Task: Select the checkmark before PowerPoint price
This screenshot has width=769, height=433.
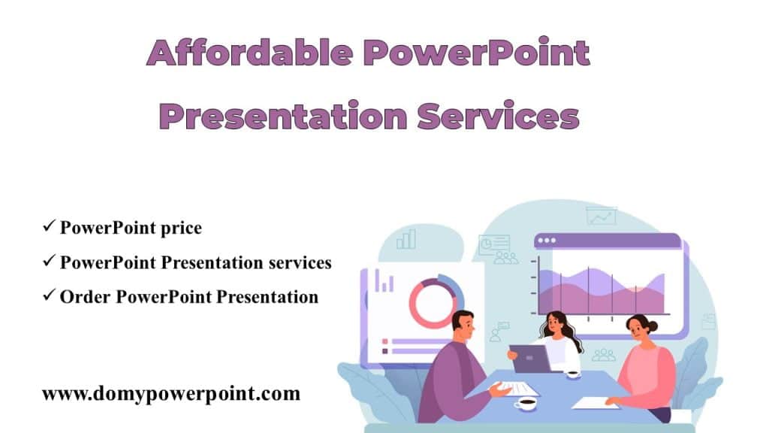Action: click(x=48, y=226)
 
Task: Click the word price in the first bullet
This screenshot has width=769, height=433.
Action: click(x=182, y=228)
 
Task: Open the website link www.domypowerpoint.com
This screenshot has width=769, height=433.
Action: click(x=170, y=393)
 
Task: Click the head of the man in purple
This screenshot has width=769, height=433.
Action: click(x=464, y=326)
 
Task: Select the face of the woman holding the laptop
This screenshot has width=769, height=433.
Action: click(x=556, y=326)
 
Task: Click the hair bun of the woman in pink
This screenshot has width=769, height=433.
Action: click(x=651, y=326)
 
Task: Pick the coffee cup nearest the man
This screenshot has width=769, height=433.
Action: click(x=526, y=404)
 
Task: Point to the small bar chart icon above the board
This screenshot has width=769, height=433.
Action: click(x=406, y=239)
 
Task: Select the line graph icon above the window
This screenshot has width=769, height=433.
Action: click(x=601, y=216)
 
